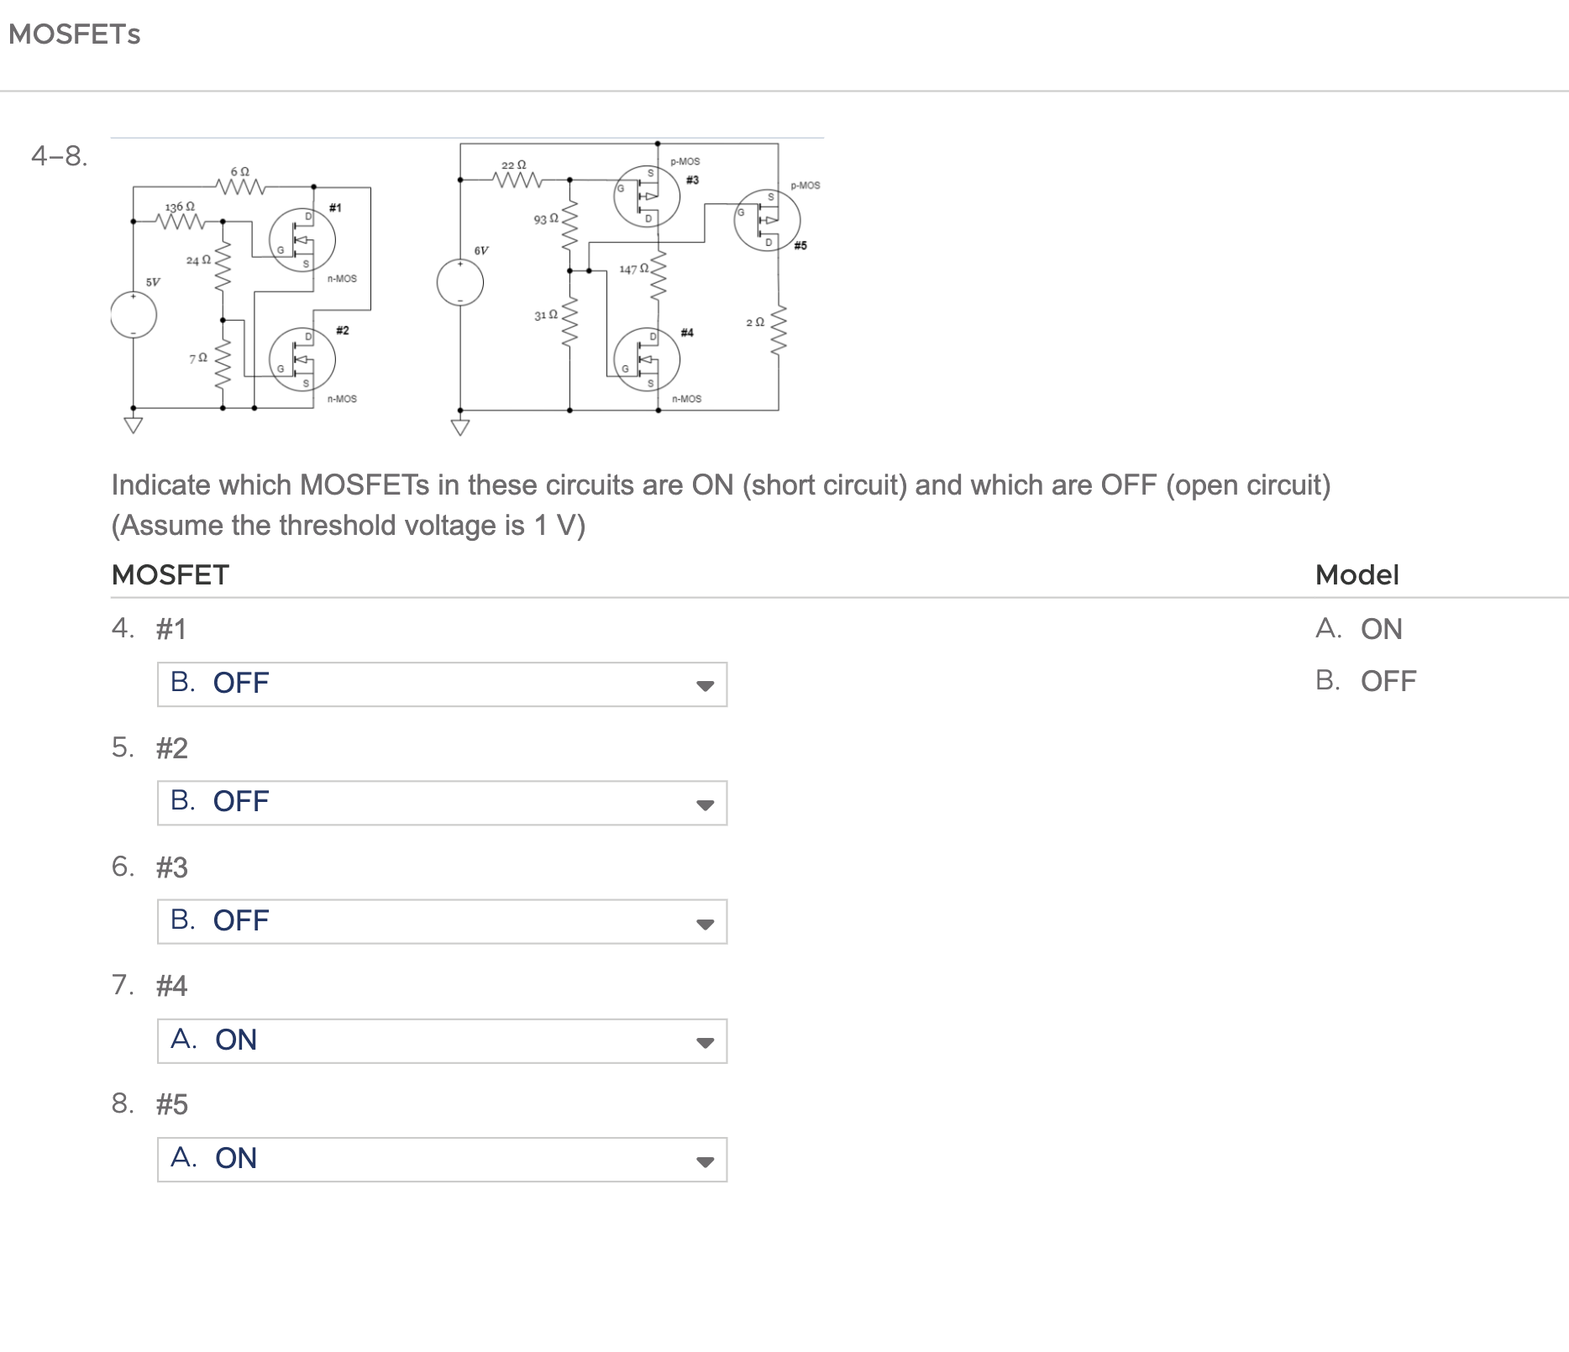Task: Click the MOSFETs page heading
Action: pos(74,34)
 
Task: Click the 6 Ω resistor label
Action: pos(239,171)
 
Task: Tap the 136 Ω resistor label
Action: pos(179,207)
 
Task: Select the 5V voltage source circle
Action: pos(134,316)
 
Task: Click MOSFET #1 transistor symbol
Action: pos(302,240)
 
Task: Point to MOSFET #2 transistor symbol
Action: pos(302,359)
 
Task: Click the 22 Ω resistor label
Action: pos(513,165)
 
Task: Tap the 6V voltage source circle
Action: pos(459,283)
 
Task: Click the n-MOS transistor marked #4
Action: pos(647,359)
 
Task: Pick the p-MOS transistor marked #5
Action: pos(767,220)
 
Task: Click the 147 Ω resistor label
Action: pos(633,269)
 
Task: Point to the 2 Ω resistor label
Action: pos(755,322)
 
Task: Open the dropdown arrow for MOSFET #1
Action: pos(705,685)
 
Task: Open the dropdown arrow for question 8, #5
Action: pos(705,1161)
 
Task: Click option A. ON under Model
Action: pos(1380,629)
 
